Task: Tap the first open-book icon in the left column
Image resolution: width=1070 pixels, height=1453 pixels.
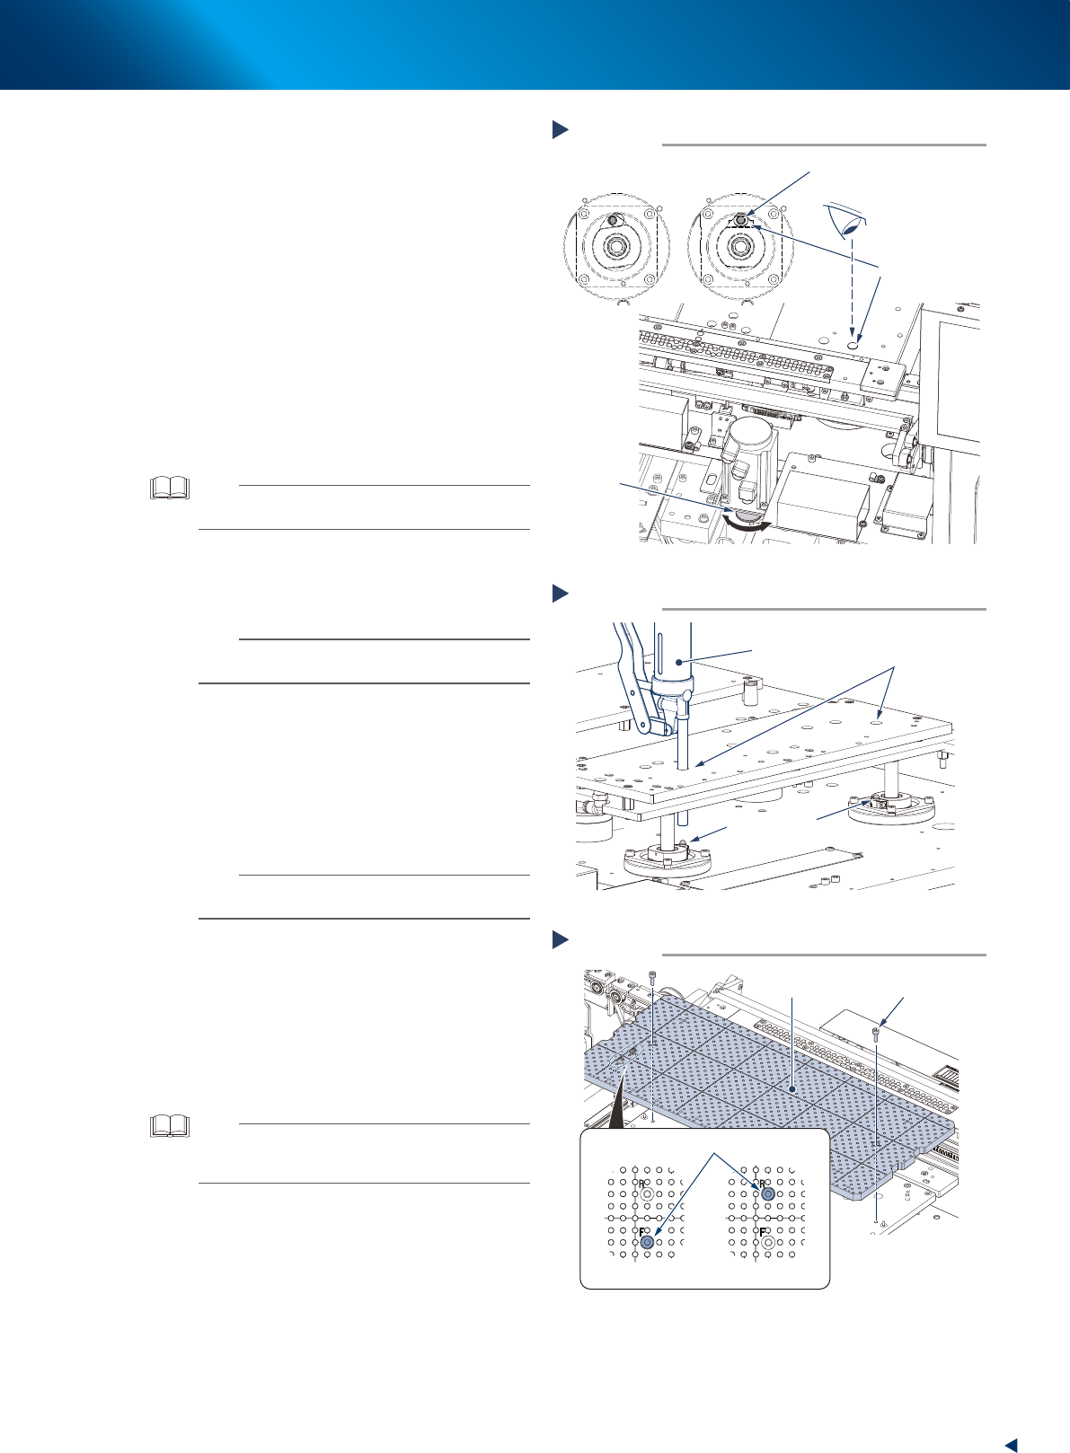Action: (171, 488)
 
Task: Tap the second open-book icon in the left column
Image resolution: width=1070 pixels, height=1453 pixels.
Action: (171, 1126)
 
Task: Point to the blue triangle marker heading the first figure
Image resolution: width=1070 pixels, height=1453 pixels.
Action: (560, 129)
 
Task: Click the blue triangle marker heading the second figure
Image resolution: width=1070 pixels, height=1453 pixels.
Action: (560, 593)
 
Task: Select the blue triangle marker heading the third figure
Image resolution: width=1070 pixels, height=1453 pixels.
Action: (560, 940)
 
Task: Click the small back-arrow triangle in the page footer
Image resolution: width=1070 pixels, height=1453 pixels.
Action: (1010, 1444)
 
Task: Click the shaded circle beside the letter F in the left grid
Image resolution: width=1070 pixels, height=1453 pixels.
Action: (647, 1241)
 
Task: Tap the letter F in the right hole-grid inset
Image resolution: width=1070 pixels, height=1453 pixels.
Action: (762, 1231)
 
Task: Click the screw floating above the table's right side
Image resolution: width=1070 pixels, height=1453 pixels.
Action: (875, 1035)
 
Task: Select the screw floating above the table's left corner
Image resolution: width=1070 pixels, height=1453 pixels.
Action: (652, 976)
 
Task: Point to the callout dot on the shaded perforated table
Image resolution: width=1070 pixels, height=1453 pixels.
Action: (791, 1088)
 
